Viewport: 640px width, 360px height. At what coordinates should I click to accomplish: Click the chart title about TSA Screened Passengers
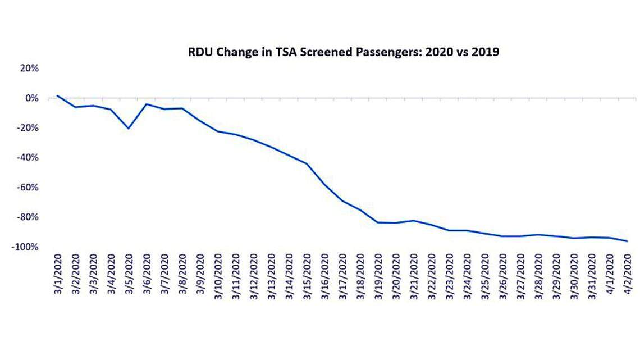click(x=343, y=53)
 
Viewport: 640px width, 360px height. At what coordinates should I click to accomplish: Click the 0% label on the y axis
click(x=31, y=98)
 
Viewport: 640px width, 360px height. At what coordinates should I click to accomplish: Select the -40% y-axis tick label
click(x=28, y=158)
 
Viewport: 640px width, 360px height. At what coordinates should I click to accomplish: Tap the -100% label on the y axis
click(x=26, y=247)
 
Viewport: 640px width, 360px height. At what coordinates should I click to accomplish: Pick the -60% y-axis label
click(x=28, y=188)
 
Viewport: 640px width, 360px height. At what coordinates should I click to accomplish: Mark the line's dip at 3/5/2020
click(x=129, y=129)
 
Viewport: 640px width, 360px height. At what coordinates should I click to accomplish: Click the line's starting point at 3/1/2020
click(x=58, y=95)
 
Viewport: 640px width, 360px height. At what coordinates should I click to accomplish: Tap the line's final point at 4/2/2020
click(x=627, y=241)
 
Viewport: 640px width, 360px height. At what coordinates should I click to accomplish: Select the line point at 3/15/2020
click(x=307, y=163)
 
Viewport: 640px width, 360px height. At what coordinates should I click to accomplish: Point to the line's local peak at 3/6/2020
click(x=147, y=104)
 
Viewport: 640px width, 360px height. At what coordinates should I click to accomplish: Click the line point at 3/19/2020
click(x=378, y=222)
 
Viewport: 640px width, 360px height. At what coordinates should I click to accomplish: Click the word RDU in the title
click(x=199, y=53)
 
